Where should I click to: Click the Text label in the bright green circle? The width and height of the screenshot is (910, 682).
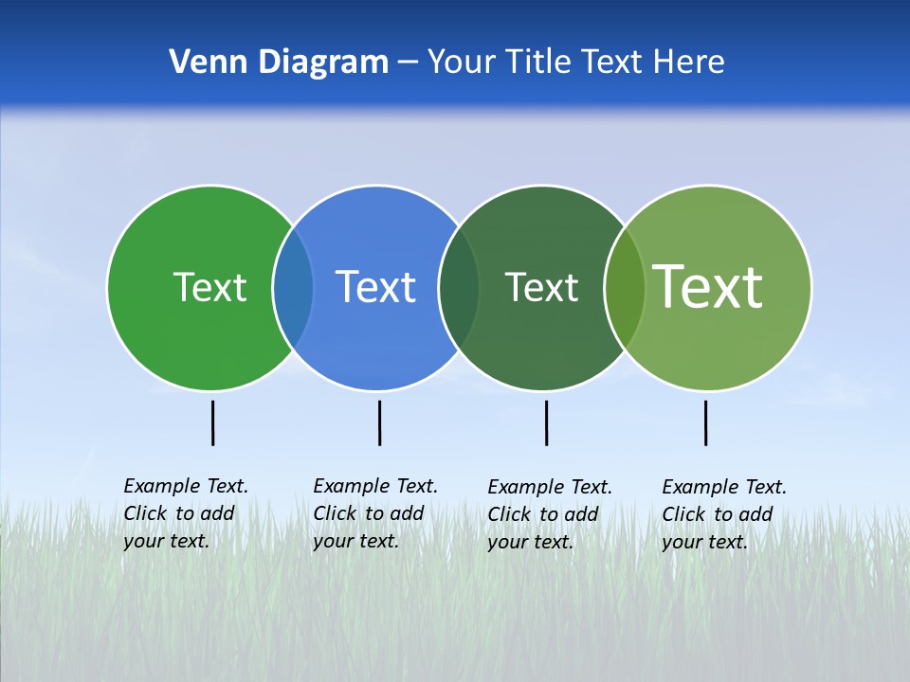209,287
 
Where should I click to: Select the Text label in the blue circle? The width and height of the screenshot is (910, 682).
376,287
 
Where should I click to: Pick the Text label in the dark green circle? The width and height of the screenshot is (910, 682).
541,287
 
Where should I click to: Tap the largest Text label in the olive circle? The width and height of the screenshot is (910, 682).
708,287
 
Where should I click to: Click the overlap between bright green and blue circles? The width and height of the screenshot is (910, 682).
293,288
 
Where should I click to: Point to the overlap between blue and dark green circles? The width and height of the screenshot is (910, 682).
459,288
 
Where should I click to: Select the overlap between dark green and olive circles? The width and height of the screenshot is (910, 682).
625,288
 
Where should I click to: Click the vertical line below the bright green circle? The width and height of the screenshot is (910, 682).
212,422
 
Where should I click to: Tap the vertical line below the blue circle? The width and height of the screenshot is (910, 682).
379,422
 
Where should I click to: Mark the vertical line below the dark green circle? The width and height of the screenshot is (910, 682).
546,422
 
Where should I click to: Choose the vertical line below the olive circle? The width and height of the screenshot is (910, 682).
705,422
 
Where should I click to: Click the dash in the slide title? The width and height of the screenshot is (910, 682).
408,63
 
